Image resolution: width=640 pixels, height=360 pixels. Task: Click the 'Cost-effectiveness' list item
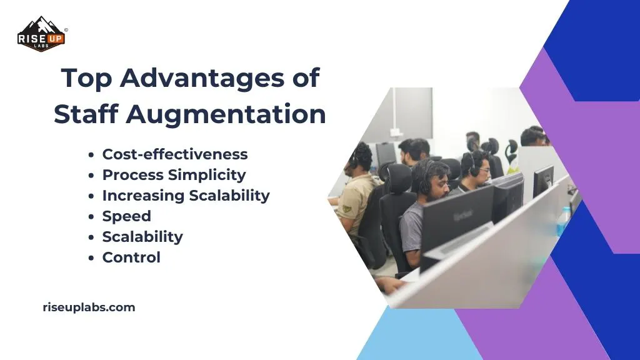coord(175,154)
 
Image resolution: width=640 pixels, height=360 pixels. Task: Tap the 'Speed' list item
coord(127,216)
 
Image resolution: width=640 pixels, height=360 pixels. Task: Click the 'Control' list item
coord(131,257)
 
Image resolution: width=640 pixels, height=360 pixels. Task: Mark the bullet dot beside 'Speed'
coord(92,217)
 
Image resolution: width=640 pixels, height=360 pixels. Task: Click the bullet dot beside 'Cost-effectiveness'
coord(92,155)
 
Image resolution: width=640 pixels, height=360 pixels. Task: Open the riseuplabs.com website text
coord(88,307)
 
